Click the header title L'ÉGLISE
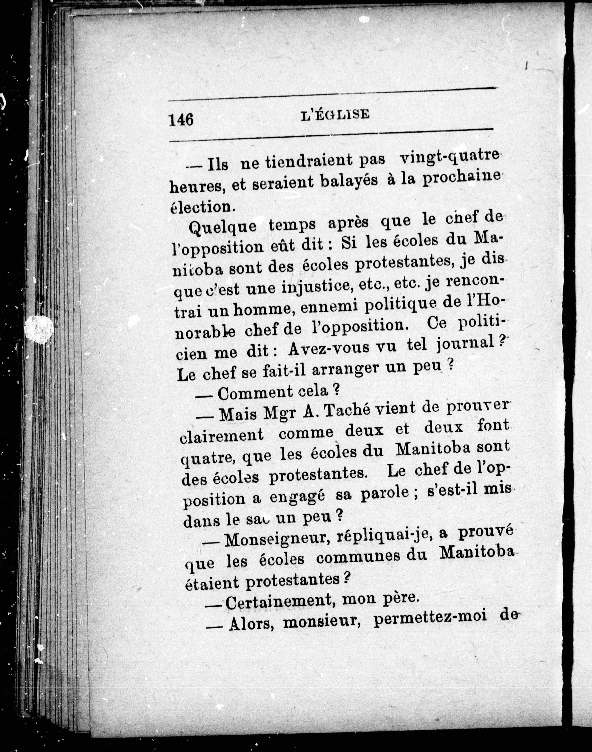pyautogui.click(x=335, y=115)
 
